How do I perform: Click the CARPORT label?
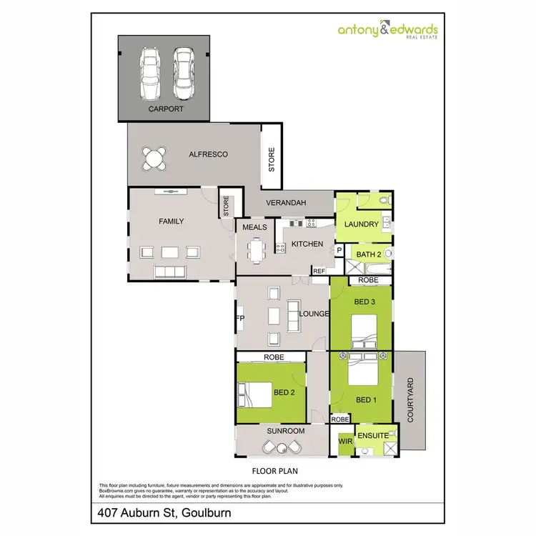[166, 109]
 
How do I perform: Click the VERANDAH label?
[286, 203]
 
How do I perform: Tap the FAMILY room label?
[171, 222]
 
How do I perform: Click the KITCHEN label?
[308, 244]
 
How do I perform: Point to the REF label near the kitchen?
[319, 271]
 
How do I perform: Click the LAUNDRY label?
[361, 224]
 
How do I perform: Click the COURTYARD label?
[410, 401]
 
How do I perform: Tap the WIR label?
[344, 442]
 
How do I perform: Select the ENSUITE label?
[373, 435]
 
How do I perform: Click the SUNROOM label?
[286, 431]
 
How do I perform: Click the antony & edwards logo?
[388, 31]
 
